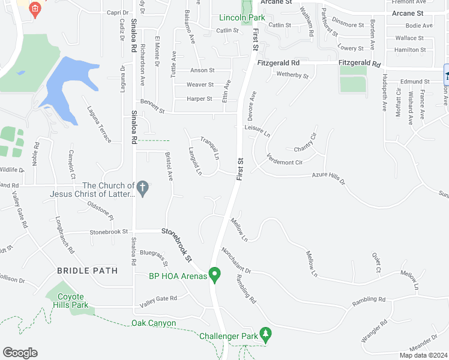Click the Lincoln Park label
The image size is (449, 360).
click(242, 17)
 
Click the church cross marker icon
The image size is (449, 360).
click(143, 189)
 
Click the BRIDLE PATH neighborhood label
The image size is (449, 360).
click(87, 271)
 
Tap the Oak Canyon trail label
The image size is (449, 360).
click(154, 323)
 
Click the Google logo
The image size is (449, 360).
click(20, 352)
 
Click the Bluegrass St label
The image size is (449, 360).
click(154, 258)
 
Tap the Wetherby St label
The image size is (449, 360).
click(292, 76)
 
